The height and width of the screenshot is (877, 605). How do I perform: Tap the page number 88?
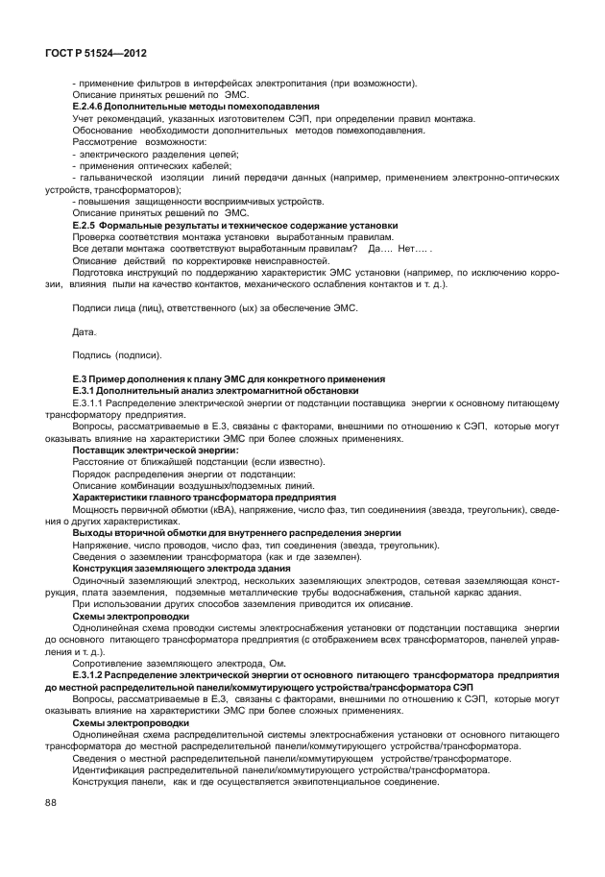[50, 829]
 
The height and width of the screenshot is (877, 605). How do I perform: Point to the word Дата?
[85, 331]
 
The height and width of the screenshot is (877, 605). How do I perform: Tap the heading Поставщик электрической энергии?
[156, 451]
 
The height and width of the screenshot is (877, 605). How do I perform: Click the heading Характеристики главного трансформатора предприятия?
[204, 498]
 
